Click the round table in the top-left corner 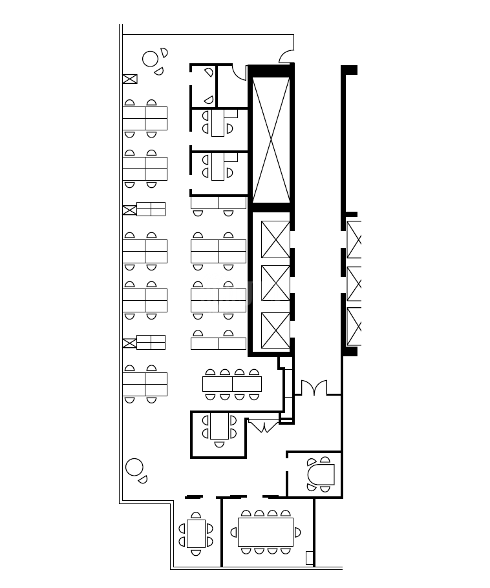[150, 59]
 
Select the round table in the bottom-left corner [134, 467]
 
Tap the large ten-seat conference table [265, 532]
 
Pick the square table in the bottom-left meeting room [196, 533]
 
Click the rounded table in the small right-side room [323, 474]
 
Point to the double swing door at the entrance [314, 389]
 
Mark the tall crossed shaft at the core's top [271, 139]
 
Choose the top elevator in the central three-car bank [275, 239]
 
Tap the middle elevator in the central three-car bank [275, 283]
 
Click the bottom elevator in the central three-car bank [275, 330]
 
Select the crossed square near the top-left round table [130, 79]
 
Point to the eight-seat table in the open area [232, 384]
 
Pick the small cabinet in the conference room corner [310, 558]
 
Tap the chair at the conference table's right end [297, 532]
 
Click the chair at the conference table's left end [234, 532]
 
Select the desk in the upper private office [218, 123]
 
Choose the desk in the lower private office [218, 166]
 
